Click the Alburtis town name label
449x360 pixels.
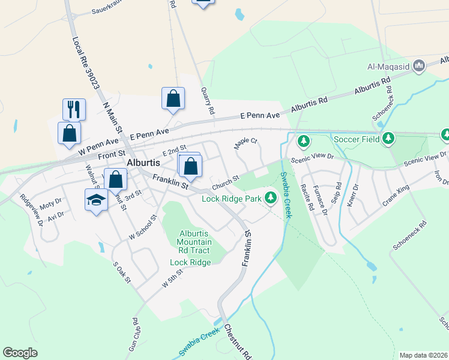142,162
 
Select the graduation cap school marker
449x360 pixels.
95,200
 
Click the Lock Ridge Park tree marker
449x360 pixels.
271,197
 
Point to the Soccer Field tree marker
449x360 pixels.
389,139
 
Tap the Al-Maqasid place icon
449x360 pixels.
420,65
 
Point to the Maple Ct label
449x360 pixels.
246,142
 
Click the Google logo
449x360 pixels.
20,353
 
